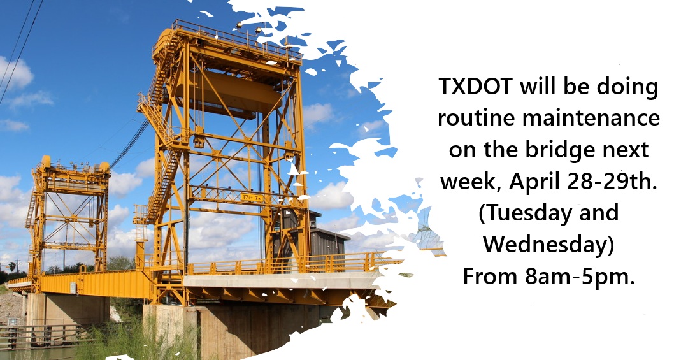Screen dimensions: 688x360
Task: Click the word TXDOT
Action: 476,87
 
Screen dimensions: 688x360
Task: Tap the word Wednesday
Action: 548,245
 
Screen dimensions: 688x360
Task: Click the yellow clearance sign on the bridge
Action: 252,198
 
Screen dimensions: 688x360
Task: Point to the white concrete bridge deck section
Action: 281,280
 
